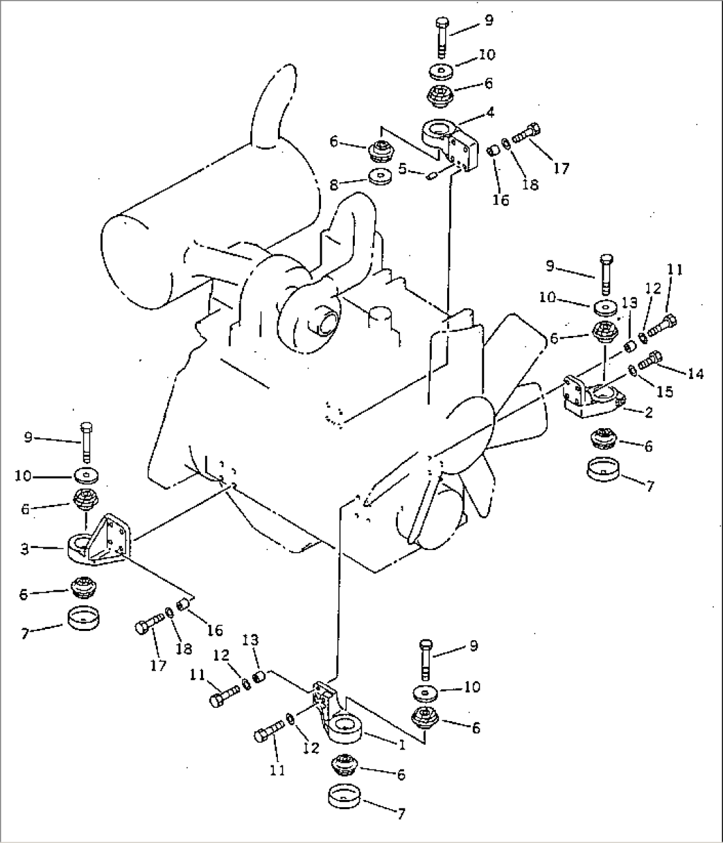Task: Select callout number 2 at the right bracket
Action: click(648, 412)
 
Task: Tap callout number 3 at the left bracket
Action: click(24, 549)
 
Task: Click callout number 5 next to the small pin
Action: click(403, 169)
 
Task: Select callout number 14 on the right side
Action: click(695, 373)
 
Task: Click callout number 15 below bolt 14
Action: click(665, 392)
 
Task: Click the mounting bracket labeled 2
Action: click(590, 396)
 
